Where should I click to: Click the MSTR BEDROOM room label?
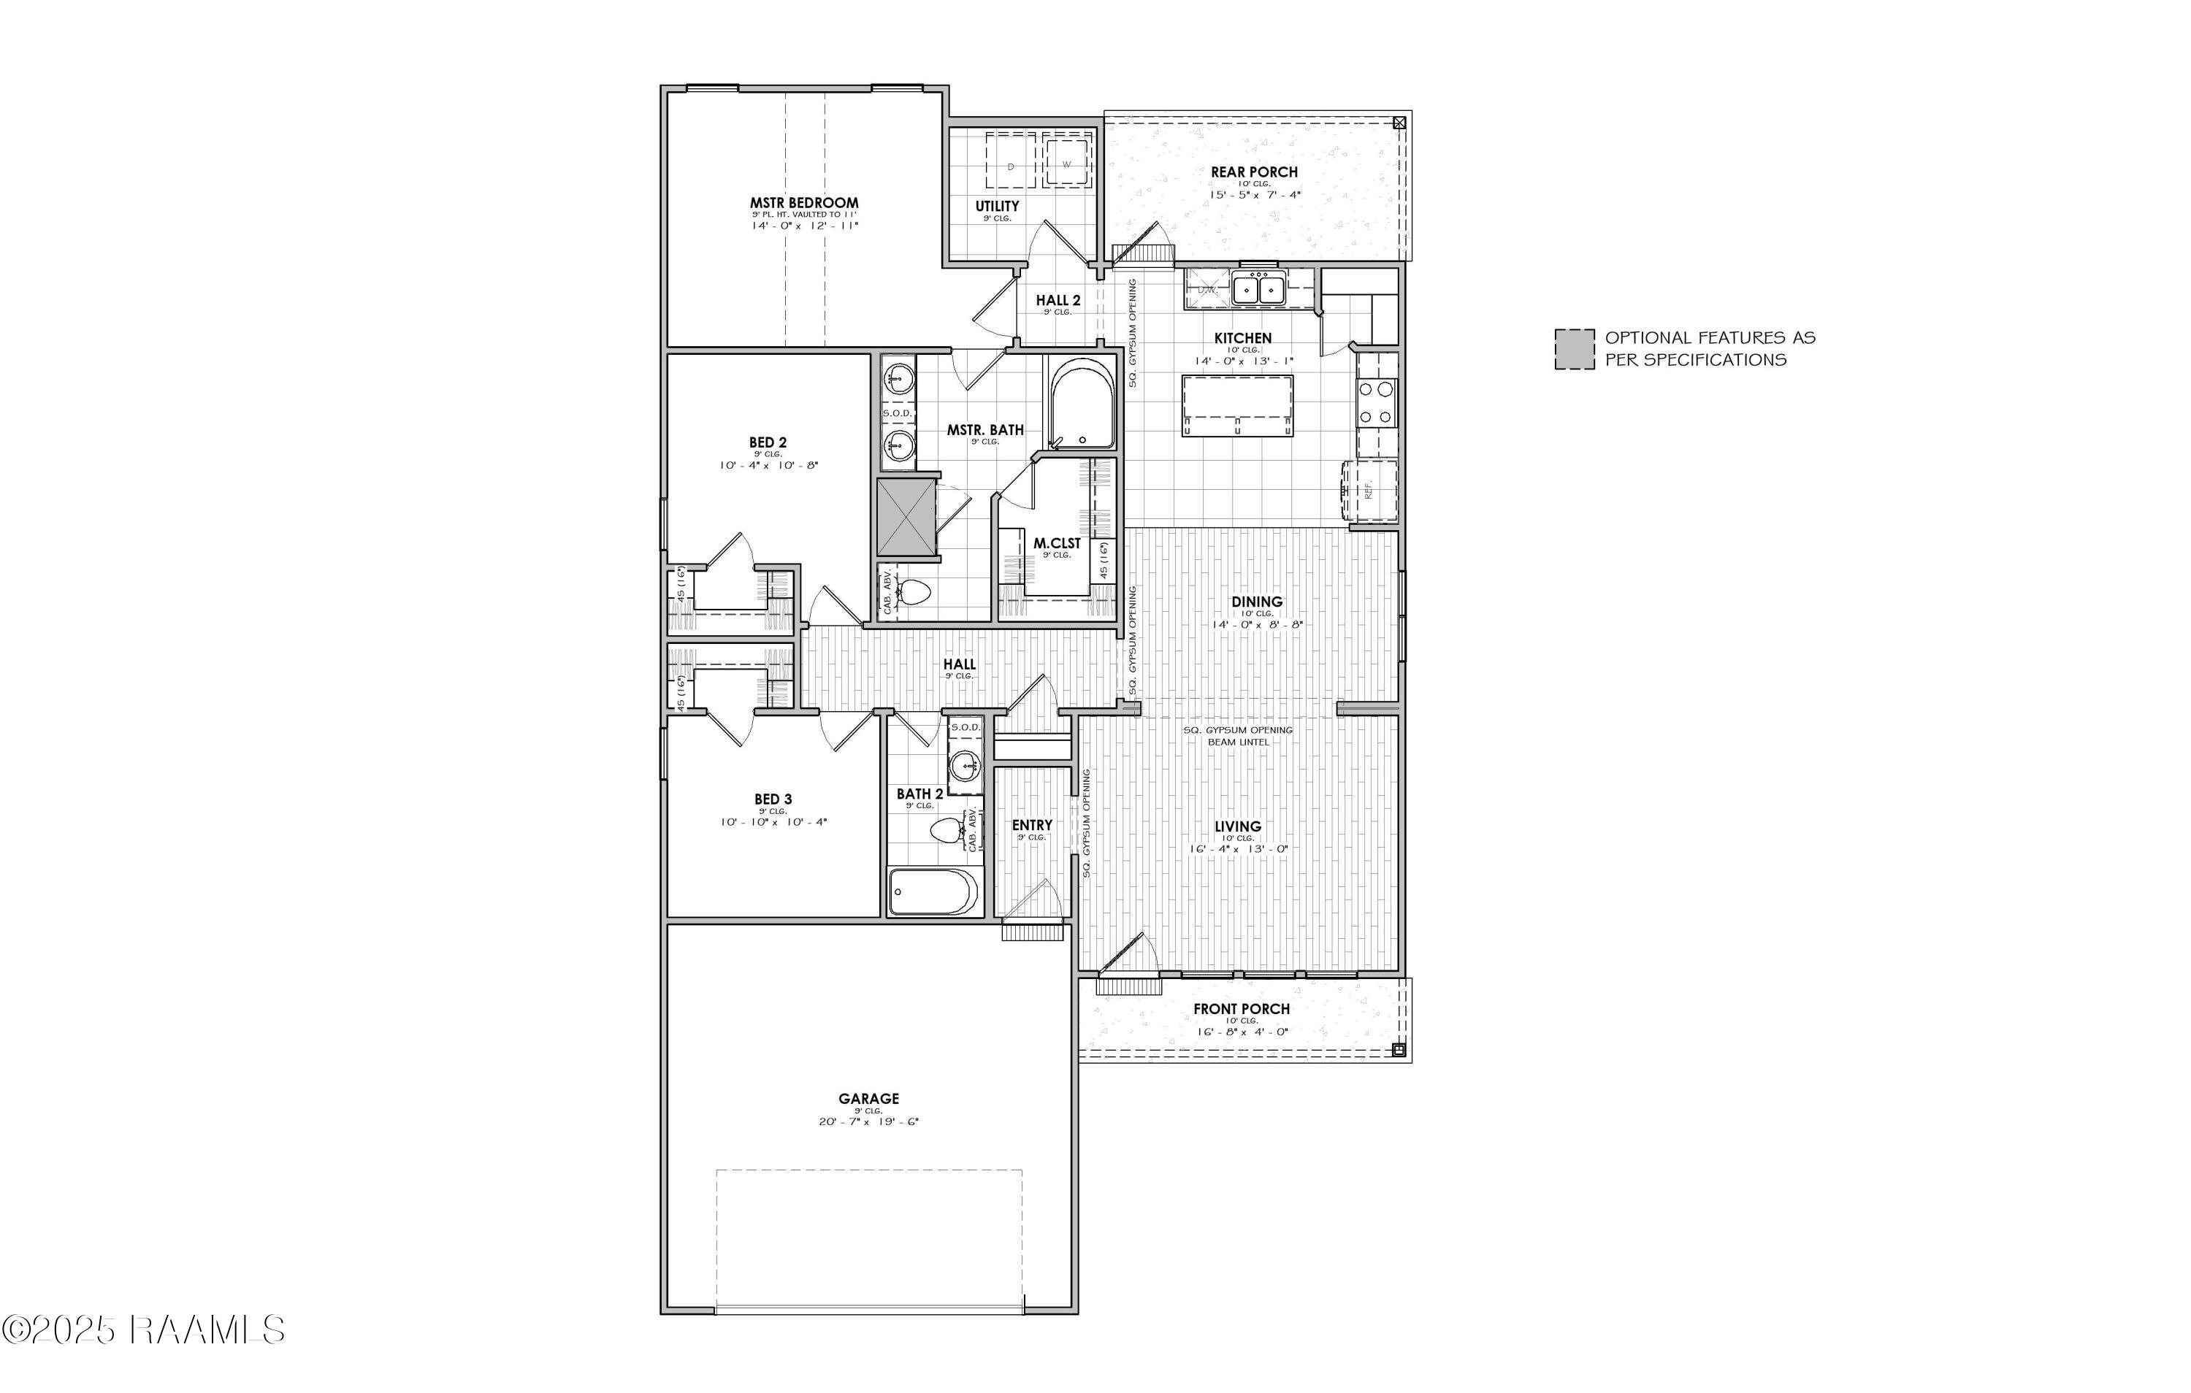click(x=803, y=203)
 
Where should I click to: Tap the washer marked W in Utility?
click(x=1066, y=164)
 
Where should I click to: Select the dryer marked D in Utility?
click(x=1012, y=165)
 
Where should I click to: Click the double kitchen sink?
click(x=1258, y=289)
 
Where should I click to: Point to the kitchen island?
click(x=1237, y=406)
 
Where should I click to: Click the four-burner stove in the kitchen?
click(x=1376, y=403)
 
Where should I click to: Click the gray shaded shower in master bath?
click(x=906, y=516)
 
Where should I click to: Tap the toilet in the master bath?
click(x=913, y=594)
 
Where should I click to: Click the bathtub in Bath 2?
click(x=933, y=891)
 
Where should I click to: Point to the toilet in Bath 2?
click(x=949, y=831)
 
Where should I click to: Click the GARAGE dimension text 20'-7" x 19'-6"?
click(x=868, y=1122)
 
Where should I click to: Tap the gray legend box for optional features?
click(x=1574, y=350)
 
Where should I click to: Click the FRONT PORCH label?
click(x=1241, y=1009)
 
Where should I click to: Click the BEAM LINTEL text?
click(x=1237, y=742)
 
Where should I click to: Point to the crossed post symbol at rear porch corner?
click(x=1399, y=122)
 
